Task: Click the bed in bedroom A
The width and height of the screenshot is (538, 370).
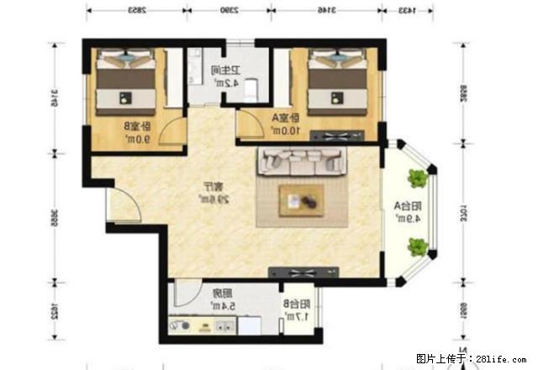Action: pyautogui.click(x=339, y=84)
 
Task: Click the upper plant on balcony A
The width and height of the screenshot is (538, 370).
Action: pyautogui.click(x=417, y=178)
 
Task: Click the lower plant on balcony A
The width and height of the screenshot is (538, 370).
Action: pyautogui.click(x=417, y=246)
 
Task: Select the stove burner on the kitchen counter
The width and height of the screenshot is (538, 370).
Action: pyautogui.click(x=180, y=324)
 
